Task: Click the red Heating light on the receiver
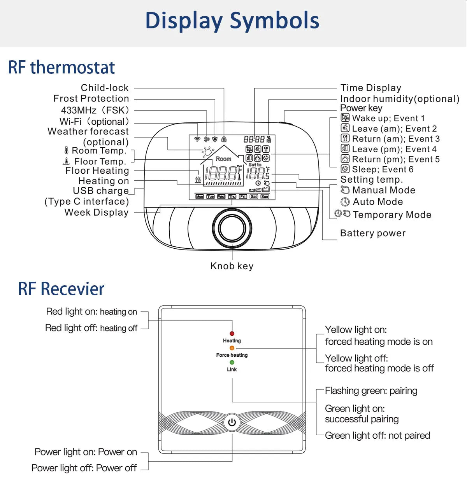(232, 333)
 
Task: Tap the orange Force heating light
(232, 348)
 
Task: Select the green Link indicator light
(232, 362)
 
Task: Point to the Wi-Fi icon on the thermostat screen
(197, 139)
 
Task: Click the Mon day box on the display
(200, 197)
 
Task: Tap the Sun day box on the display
(265, 197)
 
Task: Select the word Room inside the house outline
(223, 159)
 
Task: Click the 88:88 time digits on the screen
(254, 139)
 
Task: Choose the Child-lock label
(104, 88)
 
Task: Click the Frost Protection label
(91, 99)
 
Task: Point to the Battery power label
(372, 233)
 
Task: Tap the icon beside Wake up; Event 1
(345, 118)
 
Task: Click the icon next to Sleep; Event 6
(345, 169)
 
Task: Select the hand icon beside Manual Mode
(345, 190)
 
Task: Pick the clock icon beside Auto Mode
(345, 202)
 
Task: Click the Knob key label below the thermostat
(232, 266)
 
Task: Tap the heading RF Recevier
(61, 289)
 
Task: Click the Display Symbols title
(232, 21)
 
